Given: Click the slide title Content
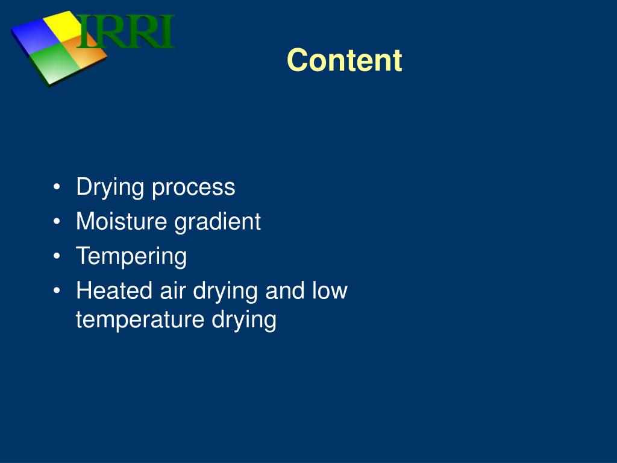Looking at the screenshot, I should pyautogui.click(x=344, y=61).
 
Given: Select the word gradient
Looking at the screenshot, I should pyautogui.click(x=218, y=222).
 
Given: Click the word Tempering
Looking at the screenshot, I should pyautogui.click(x=131, y=257).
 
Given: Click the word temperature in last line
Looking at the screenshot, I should pyautogui.click(x=140, y=320).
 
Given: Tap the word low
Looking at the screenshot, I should pyautogui.click(x=330, y=291).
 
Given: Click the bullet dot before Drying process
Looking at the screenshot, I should pyautogui.click(x=57, y=187).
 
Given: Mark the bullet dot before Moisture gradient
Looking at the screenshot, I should pyautogui.click(x=57, y=222).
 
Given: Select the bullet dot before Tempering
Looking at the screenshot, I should pyautogui.click(x=57, y=257).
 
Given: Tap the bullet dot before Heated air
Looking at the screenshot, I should pyautogui.click(x=57, y=291).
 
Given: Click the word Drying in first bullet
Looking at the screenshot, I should pyautogui.click(x=110, y=187).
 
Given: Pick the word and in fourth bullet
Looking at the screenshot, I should pyautogui.click(x=285, y=291).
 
